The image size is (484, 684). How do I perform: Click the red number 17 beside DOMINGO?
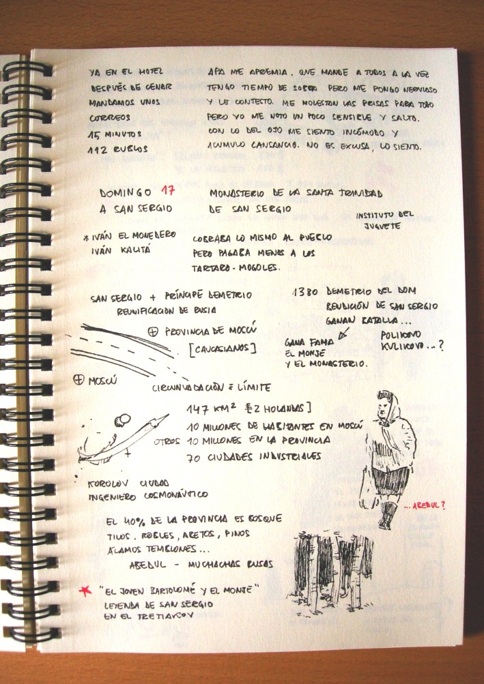click(167, 192)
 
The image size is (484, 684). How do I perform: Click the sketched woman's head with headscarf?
click(386, 404)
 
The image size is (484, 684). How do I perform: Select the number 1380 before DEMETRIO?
click(305, 291)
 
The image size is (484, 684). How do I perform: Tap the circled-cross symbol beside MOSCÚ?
click(78, 379)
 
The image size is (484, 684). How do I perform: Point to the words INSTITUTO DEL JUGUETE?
click(385, 220)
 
